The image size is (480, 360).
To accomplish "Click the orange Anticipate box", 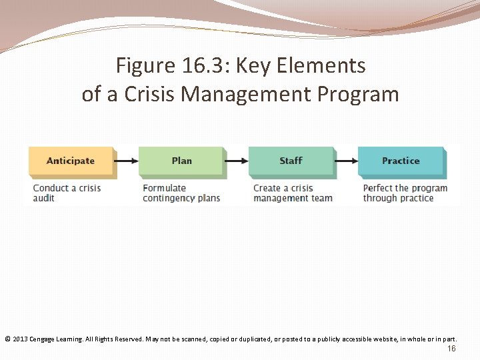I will coord(71,161).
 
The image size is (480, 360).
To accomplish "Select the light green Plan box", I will coord(181,161).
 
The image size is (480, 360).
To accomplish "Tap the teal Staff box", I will coord(291,161).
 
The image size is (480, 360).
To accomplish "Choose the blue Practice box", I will coord(401,161).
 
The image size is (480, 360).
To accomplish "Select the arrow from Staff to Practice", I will coord(346,161).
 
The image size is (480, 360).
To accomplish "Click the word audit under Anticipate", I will coord(44,198).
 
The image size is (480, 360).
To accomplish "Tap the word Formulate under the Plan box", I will coord(164,188).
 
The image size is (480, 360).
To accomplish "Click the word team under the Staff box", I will coord(321,198).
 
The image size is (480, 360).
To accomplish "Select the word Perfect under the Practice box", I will coord(379,188).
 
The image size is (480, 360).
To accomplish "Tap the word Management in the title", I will coord(238,94).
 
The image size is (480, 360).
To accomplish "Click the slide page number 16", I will coord(451,349).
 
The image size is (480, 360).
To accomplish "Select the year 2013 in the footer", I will coord(19,339).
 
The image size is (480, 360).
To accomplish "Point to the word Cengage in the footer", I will coord(42,339).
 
